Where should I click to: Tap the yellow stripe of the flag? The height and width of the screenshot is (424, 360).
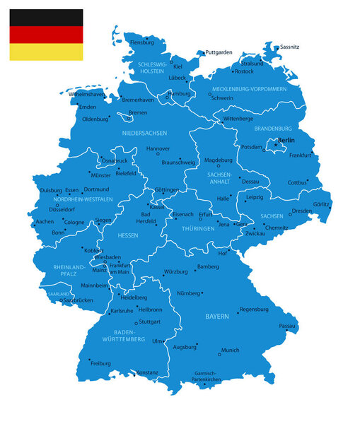point(46,52)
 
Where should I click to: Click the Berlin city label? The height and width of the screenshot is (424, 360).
point(286,141)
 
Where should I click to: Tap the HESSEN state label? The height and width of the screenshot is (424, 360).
point(127,235)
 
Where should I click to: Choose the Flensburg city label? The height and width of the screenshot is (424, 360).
point(142,42)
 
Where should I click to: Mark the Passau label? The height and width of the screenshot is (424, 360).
point(286,326)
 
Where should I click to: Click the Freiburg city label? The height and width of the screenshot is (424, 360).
point(101,363)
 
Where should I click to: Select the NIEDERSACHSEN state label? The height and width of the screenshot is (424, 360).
point(144,133)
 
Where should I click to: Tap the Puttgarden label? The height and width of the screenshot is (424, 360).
point(219,52)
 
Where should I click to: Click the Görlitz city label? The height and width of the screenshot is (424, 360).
point(322,204)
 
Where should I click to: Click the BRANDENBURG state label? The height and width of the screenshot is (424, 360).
point(272,129)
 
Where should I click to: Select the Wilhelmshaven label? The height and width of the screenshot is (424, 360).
point(86,94)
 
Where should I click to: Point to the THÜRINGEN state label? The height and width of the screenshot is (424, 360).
point(197,229)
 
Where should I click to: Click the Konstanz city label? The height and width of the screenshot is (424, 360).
point(148,372)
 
